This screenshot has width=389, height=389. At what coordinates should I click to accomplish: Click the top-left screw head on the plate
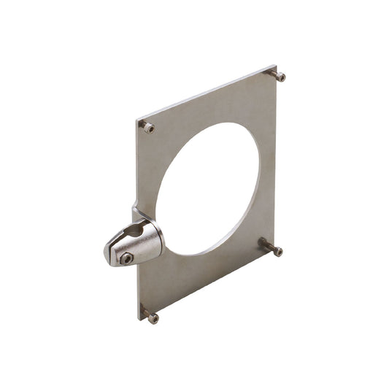click(x=148, y=128)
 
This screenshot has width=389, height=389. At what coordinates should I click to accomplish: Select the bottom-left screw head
click(x=153, y=318)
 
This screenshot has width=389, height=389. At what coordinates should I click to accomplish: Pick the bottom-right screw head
click(x=277, y=252)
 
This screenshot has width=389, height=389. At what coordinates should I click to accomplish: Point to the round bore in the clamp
click(x=139, y=234)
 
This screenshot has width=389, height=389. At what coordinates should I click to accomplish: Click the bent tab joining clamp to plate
click(x=136, y=213)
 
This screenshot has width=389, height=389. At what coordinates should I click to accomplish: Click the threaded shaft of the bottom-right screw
click(x=267, y=245)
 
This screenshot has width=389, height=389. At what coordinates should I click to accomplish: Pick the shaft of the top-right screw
click(x=273, y=72)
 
